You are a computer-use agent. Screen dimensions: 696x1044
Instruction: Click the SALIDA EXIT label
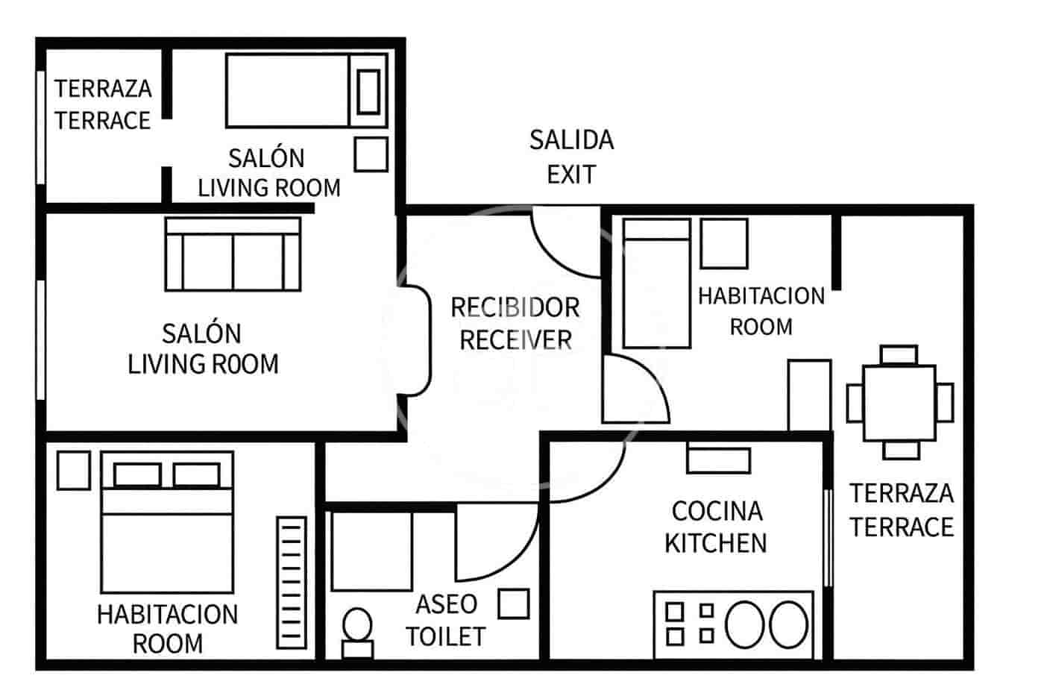coord(571,157)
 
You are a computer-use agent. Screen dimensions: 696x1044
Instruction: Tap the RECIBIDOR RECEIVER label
coord(515,324)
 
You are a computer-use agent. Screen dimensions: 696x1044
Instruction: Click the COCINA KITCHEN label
coord(716,527)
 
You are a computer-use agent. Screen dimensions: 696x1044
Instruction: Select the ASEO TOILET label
coord(445,620)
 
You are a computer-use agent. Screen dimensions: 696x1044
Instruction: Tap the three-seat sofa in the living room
coord(233,254)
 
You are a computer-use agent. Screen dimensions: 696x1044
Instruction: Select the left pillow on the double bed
coord(136,475)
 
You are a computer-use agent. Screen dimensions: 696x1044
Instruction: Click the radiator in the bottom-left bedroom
coord(291,583)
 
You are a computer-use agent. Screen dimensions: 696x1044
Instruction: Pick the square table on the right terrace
coord(899,403)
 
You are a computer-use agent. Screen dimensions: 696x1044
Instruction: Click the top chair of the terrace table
coord(899,354)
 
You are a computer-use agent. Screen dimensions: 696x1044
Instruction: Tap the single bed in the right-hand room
coord(656,283)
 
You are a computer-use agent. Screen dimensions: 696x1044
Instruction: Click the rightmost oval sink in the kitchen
coord(788,624)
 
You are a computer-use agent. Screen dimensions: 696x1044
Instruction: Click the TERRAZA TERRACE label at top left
coord(102,104)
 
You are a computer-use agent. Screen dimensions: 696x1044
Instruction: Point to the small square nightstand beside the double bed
coord(73,471)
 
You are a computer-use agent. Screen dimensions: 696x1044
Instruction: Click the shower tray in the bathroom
coord(371,551)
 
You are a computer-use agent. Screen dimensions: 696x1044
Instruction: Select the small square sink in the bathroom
coord(513,603)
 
